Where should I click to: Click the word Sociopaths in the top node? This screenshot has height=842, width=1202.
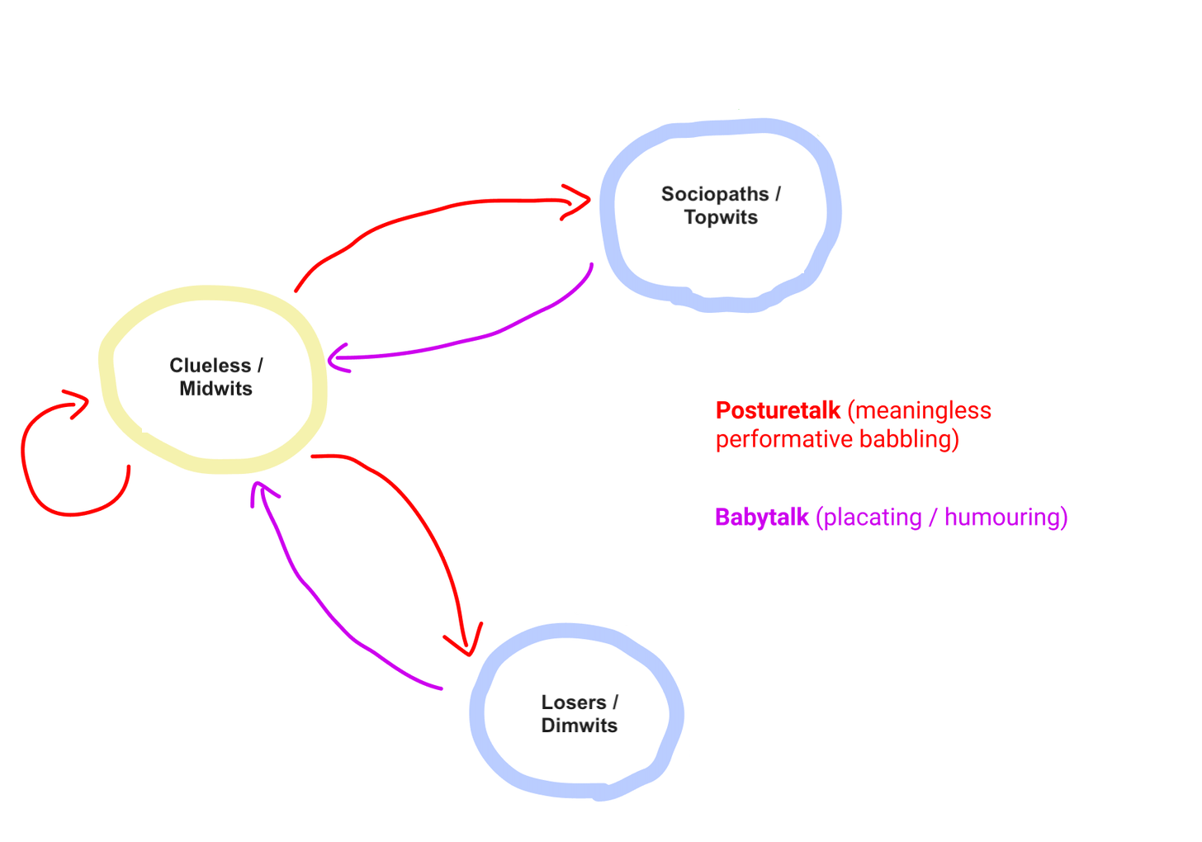tap(715, 195)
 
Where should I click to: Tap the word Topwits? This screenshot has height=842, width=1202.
tap(721, 218)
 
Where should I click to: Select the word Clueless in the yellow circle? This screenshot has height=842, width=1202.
tap(210, 366)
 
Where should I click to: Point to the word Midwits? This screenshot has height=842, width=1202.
tap(216, 389)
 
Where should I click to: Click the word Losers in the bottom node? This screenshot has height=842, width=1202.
tap(574, 702)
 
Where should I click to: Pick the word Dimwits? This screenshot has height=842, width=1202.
tap(580, 726)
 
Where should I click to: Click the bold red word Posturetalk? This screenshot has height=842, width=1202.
tap(778, 410)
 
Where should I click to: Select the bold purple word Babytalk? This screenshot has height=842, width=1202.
tap(761, 518)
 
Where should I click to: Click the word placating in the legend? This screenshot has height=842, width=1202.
tap(873, 518)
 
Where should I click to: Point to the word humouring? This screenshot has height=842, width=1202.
tap(1006, 518)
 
